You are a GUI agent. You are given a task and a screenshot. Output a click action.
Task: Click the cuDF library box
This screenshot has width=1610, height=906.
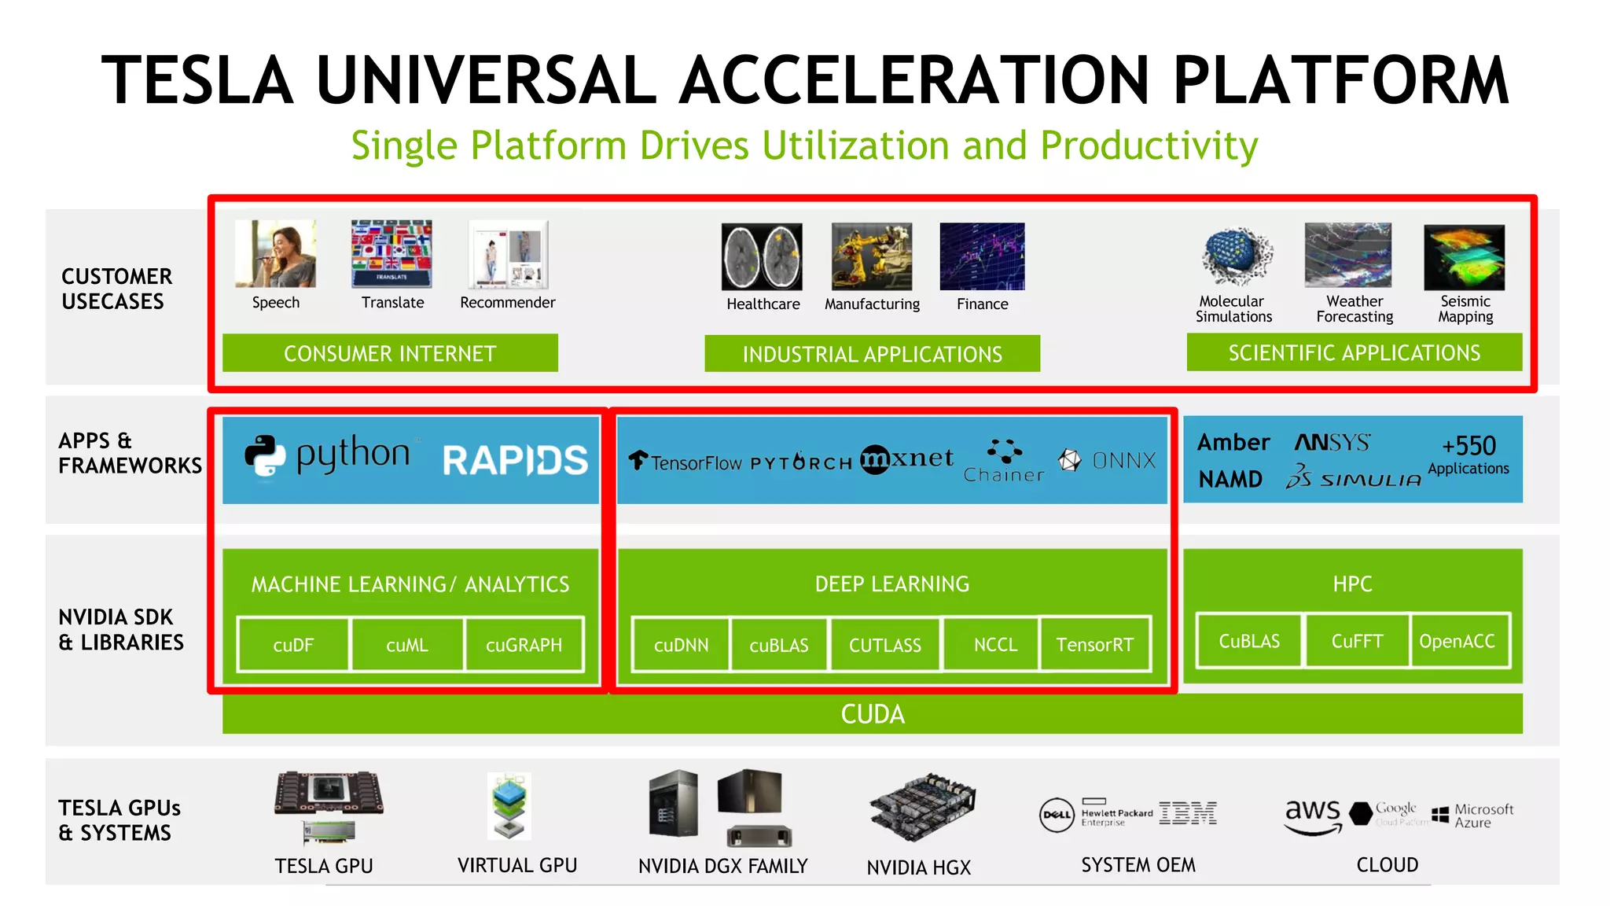[293, 645]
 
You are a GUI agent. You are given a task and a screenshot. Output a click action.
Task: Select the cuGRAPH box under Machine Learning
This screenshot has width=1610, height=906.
[524, 645]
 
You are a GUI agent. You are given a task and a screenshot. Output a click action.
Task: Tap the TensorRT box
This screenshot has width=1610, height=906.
[1094, 645]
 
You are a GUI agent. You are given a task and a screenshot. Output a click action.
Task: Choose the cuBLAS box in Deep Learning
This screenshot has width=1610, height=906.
[778, 645]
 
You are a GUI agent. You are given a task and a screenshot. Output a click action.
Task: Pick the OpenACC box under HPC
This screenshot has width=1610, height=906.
[1457, 641]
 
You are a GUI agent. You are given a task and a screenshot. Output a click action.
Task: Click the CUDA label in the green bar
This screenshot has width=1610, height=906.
[873, 714]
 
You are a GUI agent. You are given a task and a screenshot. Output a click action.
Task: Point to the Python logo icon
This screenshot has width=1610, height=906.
[264, 455]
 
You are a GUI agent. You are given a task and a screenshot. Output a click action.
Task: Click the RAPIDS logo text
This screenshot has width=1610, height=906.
[515, 460]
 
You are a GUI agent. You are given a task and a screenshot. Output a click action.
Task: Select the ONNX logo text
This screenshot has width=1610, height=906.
[1123, 460]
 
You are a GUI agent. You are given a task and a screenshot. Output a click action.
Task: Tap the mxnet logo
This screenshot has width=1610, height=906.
[906, 459]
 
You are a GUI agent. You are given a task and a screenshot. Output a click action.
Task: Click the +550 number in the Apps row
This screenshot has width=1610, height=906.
[1468, 445]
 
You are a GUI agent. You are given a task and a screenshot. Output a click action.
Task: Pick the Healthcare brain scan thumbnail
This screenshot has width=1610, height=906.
[762, 257]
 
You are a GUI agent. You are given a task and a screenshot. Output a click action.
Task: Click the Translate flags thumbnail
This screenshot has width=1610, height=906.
[391, 253]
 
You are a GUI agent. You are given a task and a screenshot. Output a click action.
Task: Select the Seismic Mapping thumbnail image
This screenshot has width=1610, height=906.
[1464, 257]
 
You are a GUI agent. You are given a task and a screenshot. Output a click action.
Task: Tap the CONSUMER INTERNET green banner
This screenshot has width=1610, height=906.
[390, 353]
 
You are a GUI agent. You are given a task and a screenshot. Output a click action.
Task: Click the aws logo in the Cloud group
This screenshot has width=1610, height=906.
[1312, 815]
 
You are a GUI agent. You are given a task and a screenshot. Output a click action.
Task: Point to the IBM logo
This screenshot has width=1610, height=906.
[1188, 813]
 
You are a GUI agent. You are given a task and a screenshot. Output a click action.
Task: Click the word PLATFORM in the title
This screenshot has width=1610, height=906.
[1340, 80]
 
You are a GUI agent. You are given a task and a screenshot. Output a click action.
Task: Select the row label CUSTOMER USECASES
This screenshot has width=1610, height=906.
[116, 289]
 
